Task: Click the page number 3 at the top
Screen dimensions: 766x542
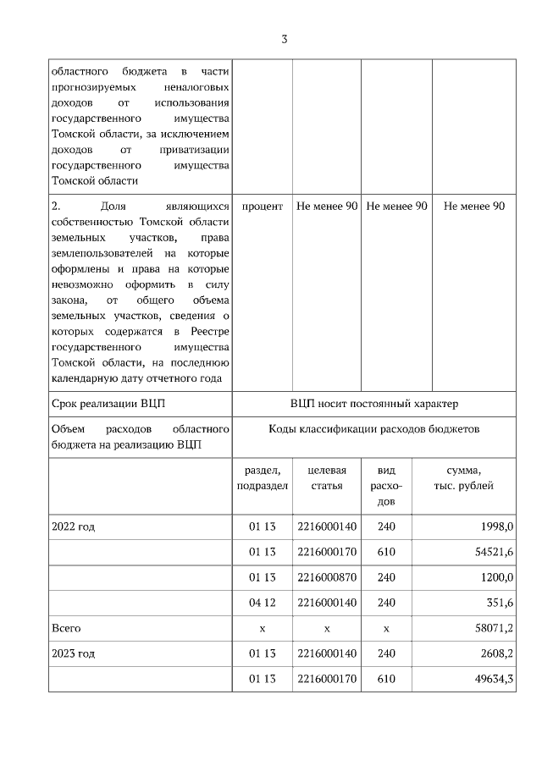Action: [x=285, y=39]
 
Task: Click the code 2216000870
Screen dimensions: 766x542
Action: [x=327, y=577]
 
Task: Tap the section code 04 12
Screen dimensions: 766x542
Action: [x=263, y=603]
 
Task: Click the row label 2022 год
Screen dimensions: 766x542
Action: [x=73, y=526]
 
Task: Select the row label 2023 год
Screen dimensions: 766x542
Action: [x=73, y=653]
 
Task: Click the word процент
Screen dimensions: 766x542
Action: [x=263, y=207]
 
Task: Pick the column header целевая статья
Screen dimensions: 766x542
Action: [x=327, y=477]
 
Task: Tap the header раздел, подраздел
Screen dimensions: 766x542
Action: [x=263, y=477]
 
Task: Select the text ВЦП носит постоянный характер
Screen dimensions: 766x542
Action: [x=373, y=404]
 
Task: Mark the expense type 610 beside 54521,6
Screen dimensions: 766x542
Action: [x=386, y=552]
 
